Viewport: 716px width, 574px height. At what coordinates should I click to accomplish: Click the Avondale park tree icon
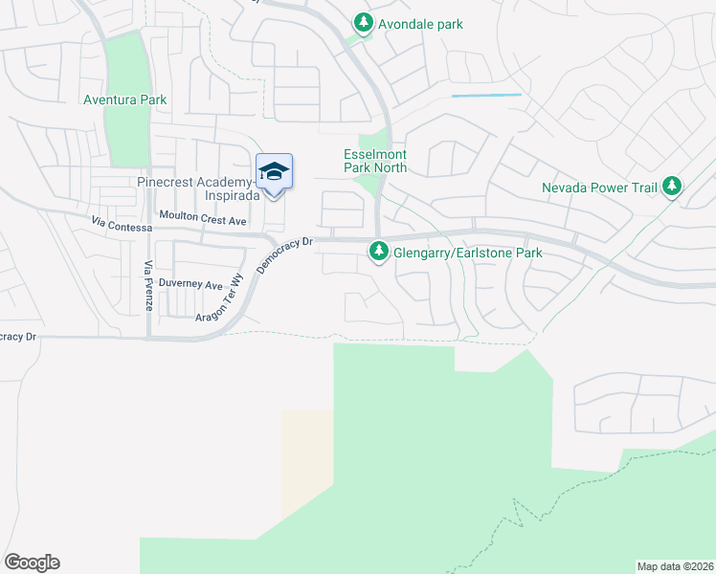(x=363, y=22)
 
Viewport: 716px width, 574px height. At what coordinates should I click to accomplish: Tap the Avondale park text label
(x=420, y=23)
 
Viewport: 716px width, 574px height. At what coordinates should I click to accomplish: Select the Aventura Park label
(x=124, y=99)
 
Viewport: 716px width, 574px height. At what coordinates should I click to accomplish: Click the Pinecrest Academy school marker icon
(x=274, y=172)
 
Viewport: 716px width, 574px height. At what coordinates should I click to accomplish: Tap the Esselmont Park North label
(x=375, y=161)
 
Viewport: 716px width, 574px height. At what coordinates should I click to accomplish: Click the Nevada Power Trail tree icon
(x=672, y=186)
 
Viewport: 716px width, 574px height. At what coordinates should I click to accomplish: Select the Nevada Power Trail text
(x=599, y=188)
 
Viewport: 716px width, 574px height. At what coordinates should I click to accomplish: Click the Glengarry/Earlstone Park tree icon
(x=379, y=253)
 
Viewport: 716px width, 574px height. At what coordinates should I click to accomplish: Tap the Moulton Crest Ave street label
(x=203, y=220)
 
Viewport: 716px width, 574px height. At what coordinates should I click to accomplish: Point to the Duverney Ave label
(x=190, y=284)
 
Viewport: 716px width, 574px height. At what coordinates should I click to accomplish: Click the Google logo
(x=32, y=563)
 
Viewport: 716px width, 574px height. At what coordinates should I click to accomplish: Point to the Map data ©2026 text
(x=675, y=565)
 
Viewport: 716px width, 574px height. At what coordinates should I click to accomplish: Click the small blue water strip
(x=486, y=95)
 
